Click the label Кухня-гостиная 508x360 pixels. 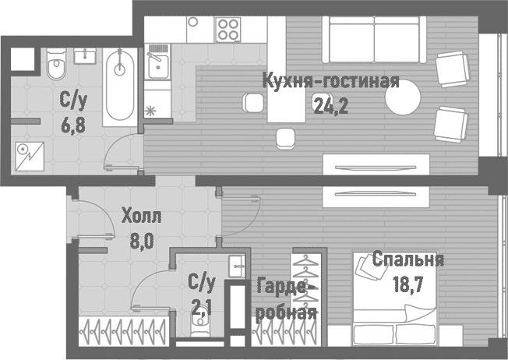(330, 82)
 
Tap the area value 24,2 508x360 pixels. (330, 105)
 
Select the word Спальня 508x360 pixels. (407, 260)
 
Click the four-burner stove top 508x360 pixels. (228, 30)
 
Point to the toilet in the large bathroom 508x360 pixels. (57, 69)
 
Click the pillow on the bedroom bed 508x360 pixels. (365, 266)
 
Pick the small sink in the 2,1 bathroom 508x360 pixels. (237, 265)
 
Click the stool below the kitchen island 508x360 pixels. (286, 138)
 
